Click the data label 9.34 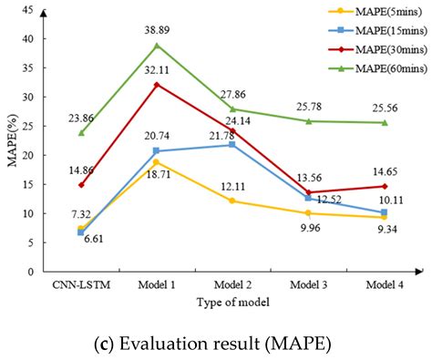[x=384, y=232]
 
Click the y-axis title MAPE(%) [x=12, y=140]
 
